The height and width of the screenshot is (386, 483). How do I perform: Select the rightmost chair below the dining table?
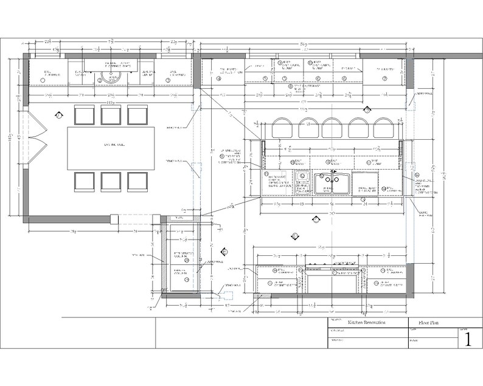[x=138, y=181]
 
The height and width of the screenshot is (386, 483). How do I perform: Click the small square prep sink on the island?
[x=302, y=177]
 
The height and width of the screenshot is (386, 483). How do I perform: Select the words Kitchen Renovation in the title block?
[x=369, y=324]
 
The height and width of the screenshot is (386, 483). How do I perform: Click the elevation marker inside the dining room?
[x=58, y=114]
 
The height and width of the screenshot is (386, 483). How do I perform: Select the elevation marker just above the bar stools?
[x=367, y=109]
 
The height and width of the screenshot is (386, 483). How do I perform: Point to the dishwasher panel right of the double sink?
[x=365, y=182]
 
